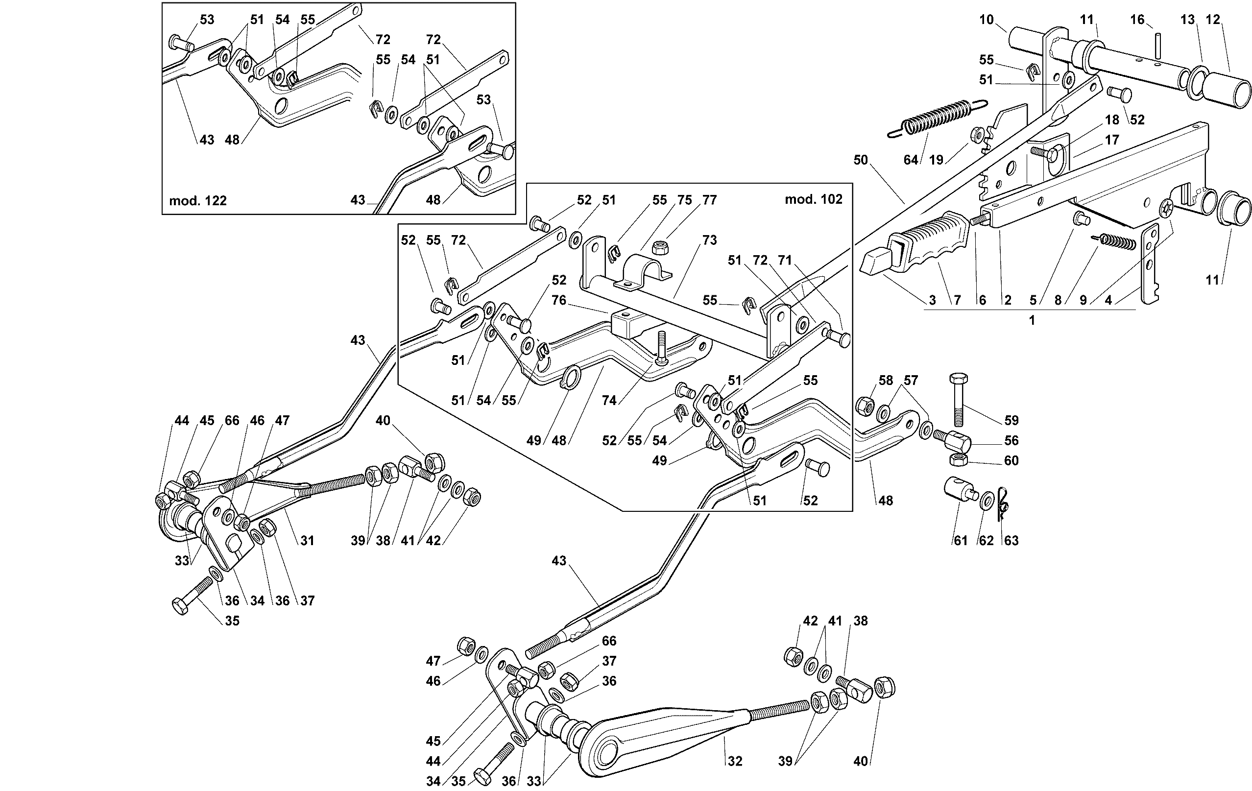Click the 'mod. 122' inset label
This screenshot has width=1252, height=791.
[x=197, y=201]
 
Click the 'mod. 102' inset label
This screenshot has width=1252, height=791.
[x=813, y=199]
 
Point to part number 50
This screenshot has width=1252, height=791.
[x=861, y=160]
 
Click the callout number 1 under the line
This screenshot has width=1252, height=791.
[x=1032, y=320]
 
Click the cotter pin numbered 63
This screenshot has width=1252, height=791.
[x=1004, y=504]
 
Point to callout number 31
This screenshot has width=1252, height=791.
[x=307, y=540]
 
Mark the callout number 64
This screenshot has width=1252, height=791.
[x=911, y=160]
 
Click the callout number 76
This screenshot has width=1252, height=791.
[x=558, y=300]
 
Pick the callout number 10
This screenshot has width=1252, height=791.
[x=986, y=20]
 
